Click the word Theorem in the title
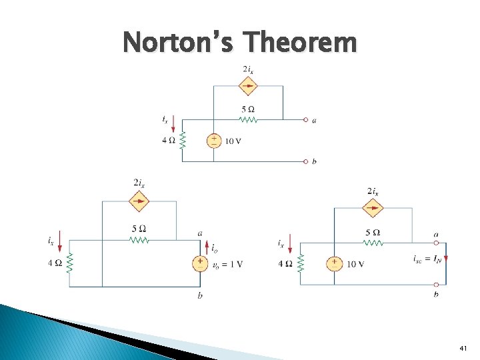click(x=309, y=43)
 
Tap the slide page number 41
click(x=464, y=348)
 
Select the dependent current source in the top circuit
click(x=248, y=85)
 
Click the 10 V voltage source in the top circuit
click(x=214, y=140)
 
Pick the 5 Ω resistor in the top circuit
click(x=248, y=120)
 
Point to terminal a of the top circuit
click(x=306, y=120)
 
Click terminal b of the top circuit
click(x=306, y=161)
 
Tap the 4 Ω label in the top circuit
click(x=169, y=140)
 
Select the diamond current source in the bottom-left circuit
click(x=139, y=200)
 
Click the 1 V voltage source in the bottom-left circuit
click(x=199, y=263)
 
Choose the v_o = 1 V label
click(x=227, y=264)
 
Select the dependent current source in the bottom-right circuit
click(x=373, y=208)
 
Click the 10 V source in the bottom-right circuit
click(x=334, y=264)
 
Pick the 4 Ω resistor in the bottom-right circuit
click(x=300, y=263)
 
